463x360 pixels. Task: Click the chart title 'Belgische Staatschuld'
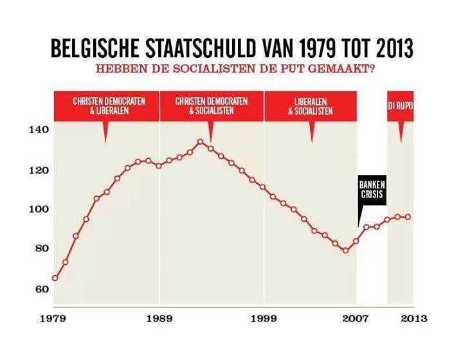pos(232,48)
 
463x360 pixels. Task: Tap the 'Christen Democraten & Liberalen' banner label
pos(109,105)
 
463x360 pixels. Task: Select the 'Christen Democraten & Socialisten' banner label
pos(211,105)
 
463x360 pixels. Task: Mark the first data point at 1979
pos(55,278)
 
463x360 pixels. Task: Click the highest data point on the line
pos(200,141)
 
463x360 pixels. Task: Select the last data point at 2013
pos(408,217)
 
